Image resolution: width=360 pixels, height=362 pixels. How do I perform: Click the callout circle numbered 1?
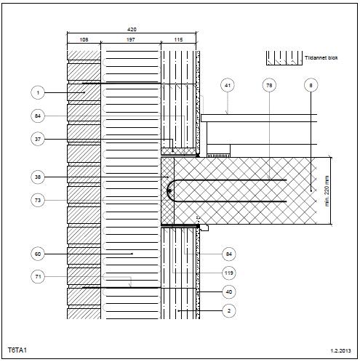click(38, 92)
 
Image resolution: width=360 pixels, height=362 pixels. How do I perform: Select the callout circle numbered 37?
click(38, 139)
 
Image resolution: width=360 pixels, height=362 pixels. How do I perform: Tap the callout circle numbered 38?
click(38, 177)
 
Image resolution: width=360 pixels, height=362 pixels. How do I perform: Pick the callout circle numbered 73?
click(38, 200)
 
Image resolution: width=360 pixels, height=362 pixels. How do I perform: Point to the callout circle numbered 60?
click(38, 254)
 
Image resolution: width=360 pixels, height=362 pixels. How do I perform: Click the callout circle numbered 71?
click(38, 276)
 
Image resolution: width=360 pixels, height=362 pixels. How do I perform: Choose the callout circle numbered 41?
click(228, 85)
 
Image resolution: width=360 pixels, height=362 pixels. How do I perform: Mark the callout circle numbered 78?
click(269, 85)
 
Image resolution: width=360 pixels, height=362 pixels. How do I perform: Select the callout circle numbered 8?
click(311, 85)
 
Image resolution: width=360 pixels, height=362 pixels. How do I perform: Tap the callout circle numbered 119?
click(229, 273)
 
